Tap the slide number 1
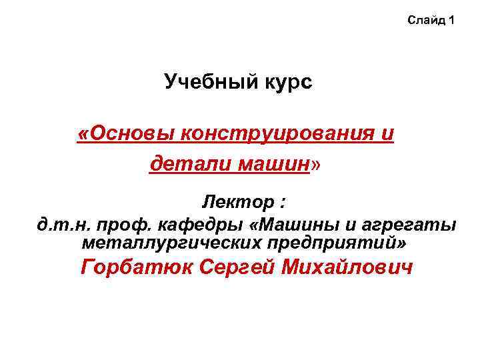[452, 21]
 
